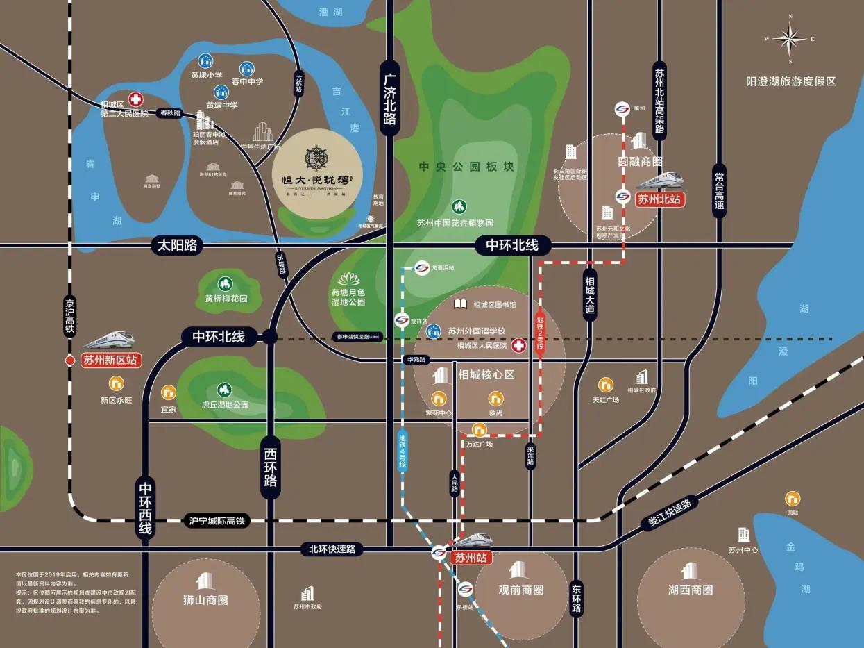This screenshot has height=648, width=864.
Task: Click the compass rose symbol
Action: coord(790,39)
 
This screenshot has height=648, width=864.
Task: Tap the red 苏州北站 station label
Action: coord(659,199)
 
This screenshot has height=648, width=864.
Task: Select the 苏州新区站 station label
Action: coord(111,360)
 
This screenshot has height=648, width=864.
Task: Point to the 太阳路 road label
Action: coord(177,245)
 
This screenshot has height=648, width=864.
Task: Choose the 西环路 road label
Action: coord(271,468)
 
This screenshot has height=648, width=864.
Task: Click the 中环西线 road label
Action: coord(145,508)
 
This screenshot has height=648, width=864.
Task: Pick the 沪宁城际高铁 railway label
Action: coord(217,520)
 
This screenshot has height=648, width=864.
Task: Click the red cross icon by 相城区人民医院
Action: coord(518,345)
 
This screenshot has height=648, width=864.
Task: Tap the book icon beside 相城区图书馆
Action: coord(460,304)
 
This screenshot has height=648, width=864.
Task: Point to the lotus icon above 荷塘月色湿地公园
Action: coord(348,279)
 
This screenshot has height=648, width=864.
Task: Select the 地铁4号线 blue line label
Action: coord(403,451)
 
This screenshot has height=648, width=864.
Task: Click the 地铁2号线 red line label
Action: coord(540,334)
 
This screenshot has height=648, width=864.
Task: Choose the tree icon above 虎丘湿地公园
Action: coord(223,390)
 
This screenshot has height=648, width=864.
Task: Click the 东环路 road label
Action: coord(576,598)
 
